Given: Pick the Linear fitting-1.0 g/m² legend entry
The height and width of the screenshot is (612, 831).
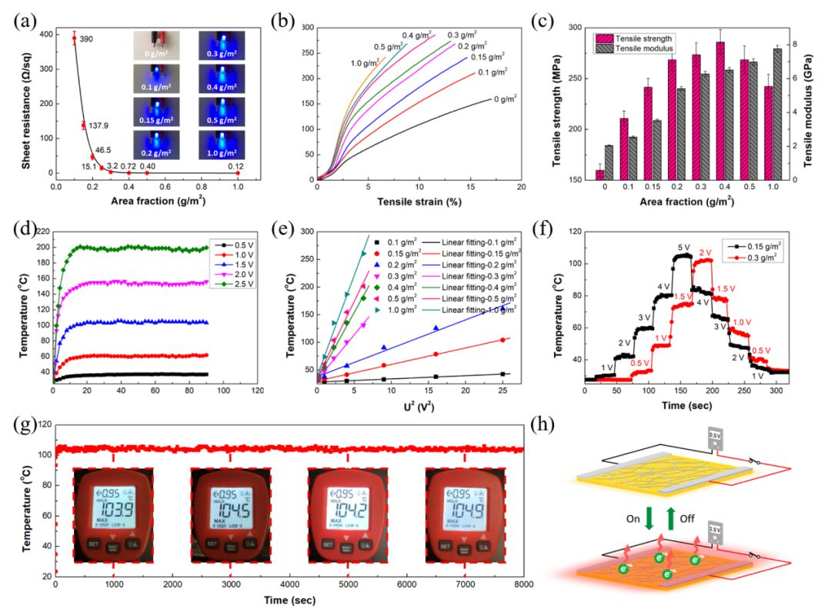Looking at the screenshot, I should coord(476,308).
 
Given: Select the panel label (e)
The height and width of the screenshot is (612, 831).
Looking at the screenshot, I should coord(292,229).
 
